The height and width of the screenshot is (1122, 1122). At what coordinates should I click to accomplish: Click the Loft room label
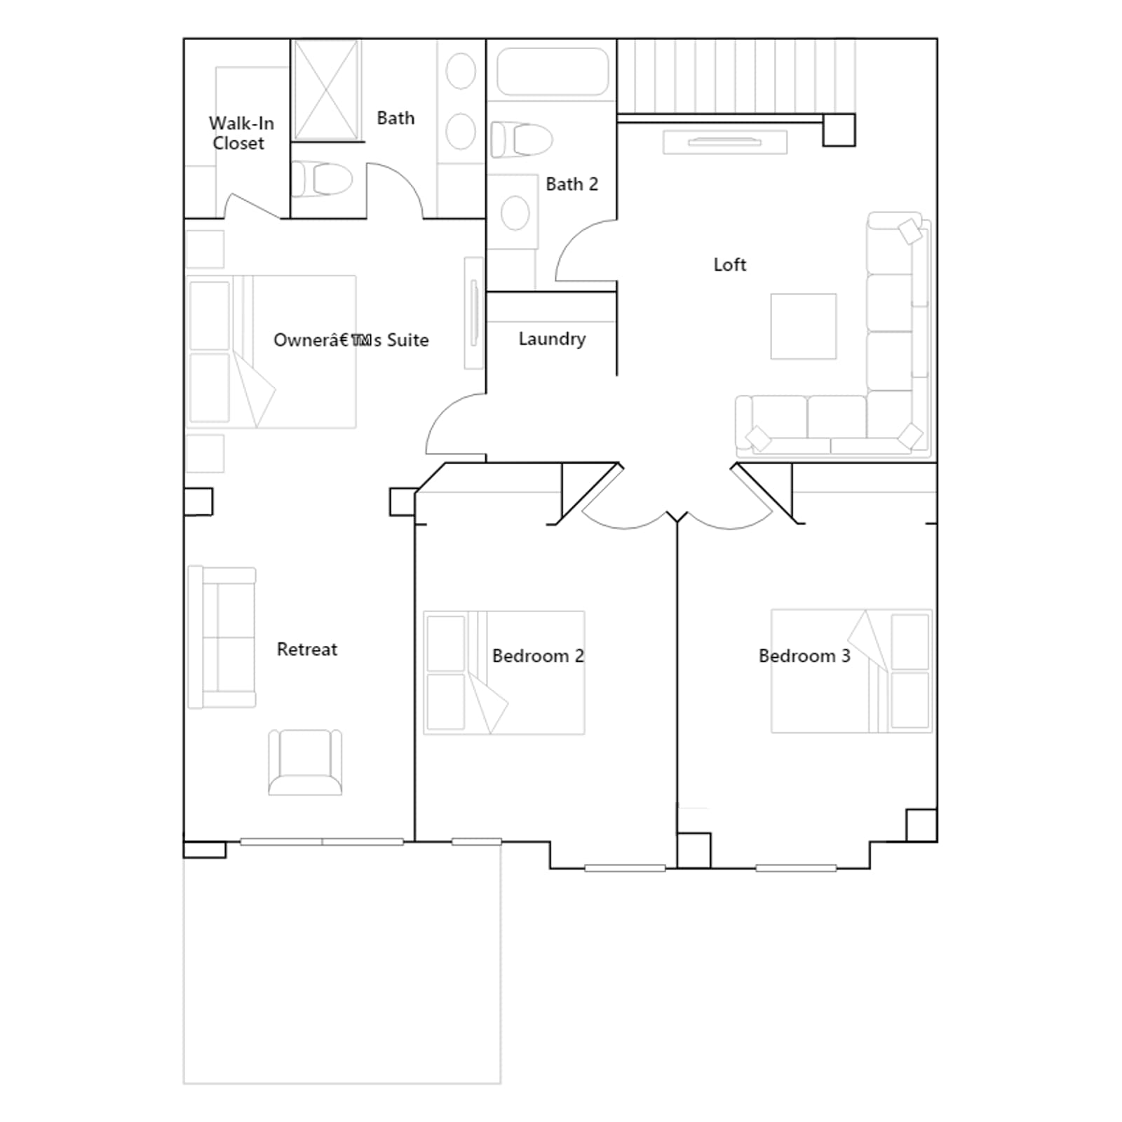click(x=729, y=264)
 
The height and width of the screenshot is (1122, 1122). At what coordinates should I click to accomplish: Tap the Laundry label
click(x=552, y=339)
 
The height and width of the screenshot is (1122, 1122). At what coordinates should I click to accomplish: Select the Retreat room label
click(x=306, y=649)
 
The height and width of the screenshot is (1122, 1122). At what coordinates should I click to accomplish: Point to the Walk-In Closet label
click(x=241, y=133)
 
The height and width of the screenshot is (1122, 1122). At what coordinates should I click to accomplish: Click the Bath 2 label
click(x=572, y=184)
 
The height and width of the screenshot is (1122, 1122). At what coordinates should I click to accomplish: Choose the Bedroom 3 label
click(x=804, y=656)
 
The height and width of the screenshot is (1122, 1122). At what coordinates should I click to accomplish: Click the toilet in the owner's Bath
click(x=322, y=179)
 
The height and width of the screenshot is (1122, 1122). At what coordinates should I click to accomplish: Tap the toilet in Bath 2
click(x=521, y=139)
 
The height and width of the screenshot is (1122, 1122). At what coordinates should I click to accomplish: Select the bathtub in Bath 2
click(x=552, y=72)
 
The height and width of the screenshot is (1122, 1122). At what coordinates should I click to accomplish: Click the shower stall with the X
click(x=326, y=90)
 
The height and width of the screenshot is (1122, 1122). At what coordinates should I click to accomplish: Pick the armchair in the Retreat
click(x=305, y=762)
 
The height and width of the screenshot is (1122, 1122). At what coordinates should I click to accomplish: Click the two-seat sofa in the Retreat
click(x=222, y=637)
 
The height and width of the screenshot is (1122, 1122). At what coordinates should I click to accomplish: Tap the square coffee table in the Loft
click(x=804, y=326)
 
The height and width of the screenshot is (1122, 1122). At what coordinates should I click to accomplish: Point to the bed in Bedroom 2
click(x=503, y=672)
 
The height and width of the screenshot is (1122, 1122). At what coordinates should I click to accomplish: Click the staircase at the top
click(x=736, y=76)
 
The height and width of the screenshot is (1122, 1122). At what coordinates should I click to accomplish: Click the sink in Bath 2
click(x=515, y=212)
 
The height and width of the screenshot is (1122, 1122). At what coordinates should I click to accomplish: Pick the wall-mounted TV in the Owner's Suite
click(x=474, y=313)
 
